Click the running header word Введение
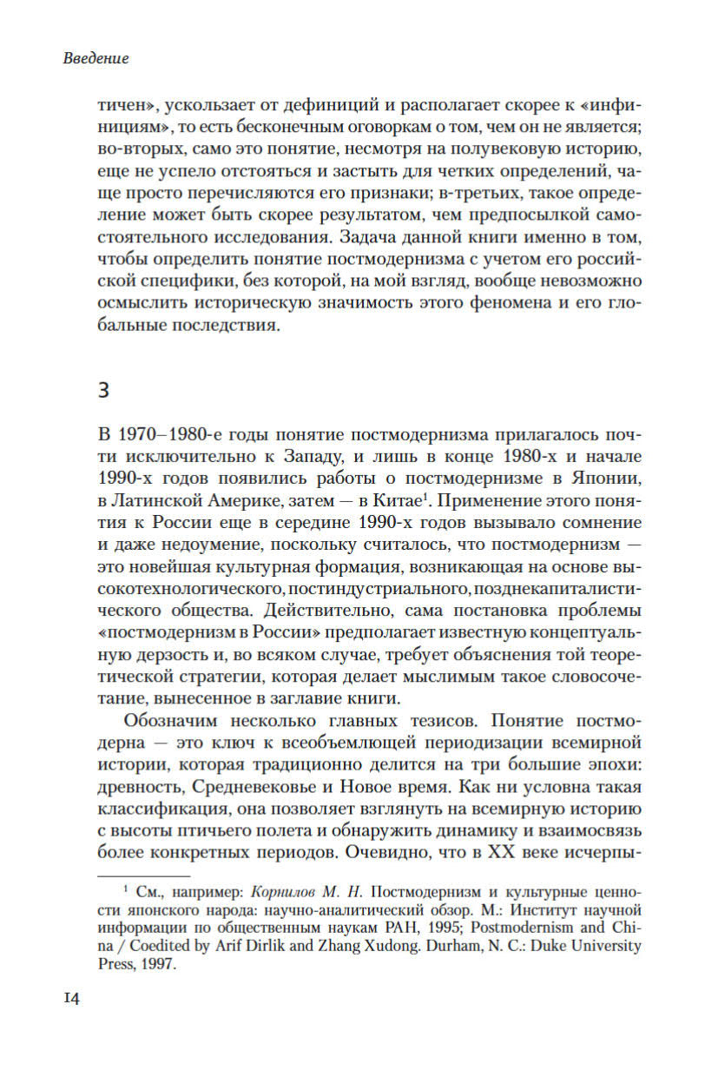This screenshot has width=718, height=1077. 96,59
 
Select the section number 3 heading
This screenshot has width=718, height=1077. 102,391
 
